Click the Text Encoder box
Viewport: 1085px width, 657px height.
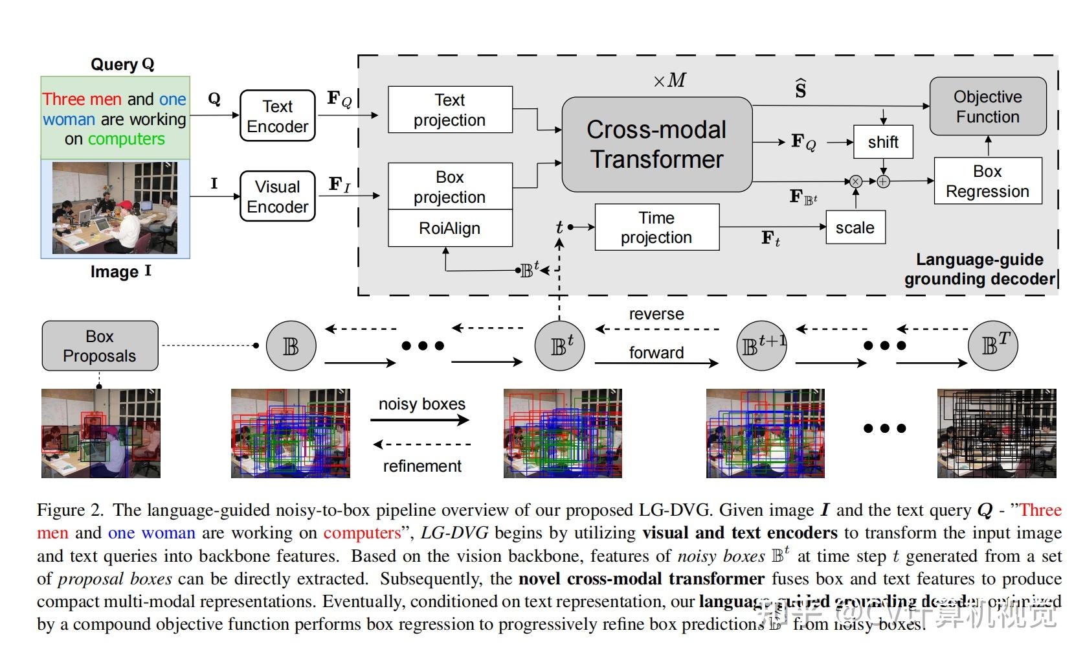point(277,116)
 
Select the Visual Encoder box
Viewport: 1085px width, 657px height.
point(277,196)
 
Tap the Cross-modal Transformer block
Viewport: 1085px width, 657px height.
point(656,144)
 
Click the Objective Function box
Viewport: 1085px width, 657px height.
point(987,107)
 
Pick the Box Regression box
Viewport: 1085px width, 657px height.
point(987,181)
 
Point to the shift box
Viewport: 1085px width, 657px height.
point(883,142)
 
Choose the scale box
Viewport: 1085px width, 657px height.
point(855,227)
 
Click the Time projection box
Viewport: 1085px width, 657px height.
point(656,227)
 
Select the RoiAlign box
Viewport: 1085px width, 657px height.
point(450,228)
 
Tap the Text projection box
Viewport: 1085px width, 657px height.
point(450,109)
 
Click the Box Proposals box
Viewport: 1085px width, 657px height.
point(100,346)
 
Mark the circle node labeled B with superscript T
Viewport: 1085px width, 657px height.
point(992,346)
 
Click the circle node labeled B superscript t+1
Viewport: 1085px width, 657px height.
point(761,346)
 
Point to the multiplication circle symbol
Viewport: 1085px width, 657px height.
point(856,181)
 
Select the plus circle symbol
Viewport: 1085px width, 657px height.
point(883,181)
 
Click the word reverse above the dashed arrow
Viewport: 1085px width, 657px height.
point(656,314)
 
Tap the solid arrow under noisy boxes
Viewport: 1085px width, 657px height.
point(420,420)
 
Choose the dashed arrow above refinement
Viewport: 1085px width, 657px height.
point(422,444)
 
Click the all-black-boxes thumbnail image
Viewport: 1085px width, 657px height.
point(996,433)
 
